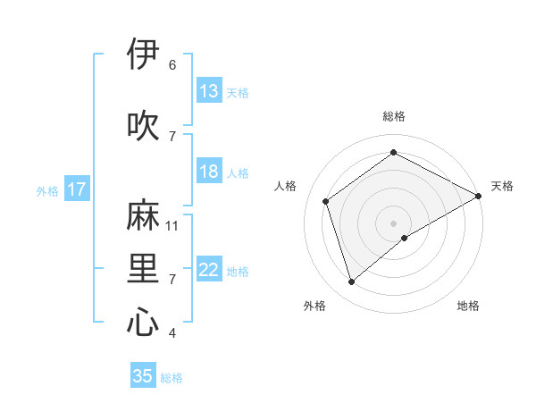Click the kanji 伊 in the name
pos(144,55)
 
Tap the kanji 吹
pos(144,126)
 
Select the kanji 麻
pos(144,216)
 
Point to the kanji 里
pos(144,268)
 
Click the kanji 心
pos(144,322)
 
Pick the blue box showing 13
pos(209,91)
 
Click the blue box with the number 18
pos(209,172)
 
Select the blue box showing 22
pos(209,270)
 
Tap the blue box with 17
pos(77,189)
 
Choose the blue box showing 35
pos(143,376)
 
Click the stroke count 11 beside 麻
pos(172,226)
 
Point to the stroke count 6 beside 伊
pos(172,65)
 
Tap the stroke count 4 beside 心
pos(172,333)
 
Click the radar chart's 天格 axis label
pos(502,186)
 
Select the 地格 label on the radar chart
pos(468,306)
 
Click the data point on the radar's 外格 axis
pos(351,282)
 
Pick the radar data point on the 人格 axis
pos(326,201)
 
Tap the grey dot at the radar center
pos(393,223)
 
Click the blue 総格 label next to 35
pos(172,378)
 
